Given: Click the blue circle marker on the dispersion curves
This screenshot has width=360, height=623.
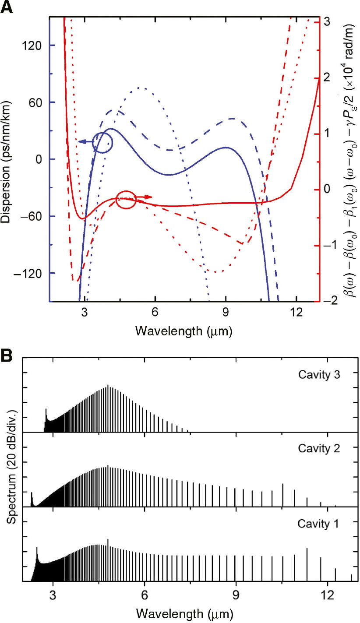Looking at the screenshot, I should tap(103, 142).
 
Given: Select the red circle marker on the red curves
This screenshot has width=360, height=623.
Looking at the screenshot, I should tap(126, 200).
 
